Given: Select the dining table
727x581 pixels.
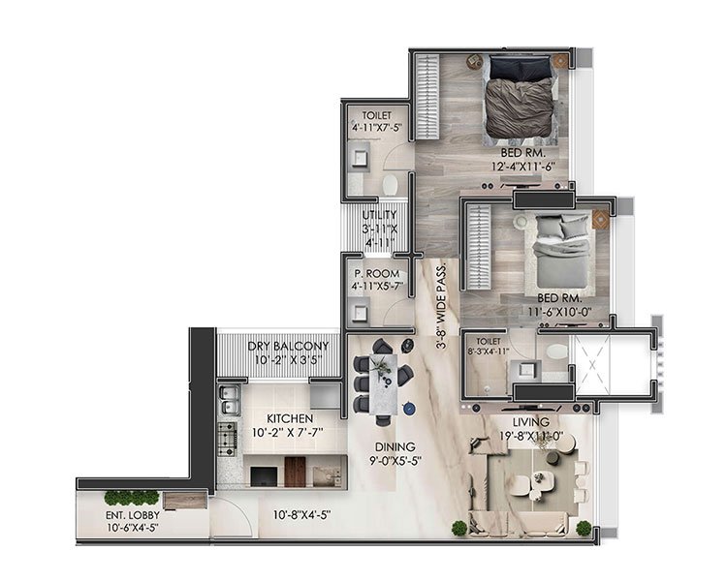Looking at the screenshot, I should coord(386,382).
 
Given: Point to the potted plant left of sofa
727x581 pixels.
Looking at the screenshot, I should coord(458,528).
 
